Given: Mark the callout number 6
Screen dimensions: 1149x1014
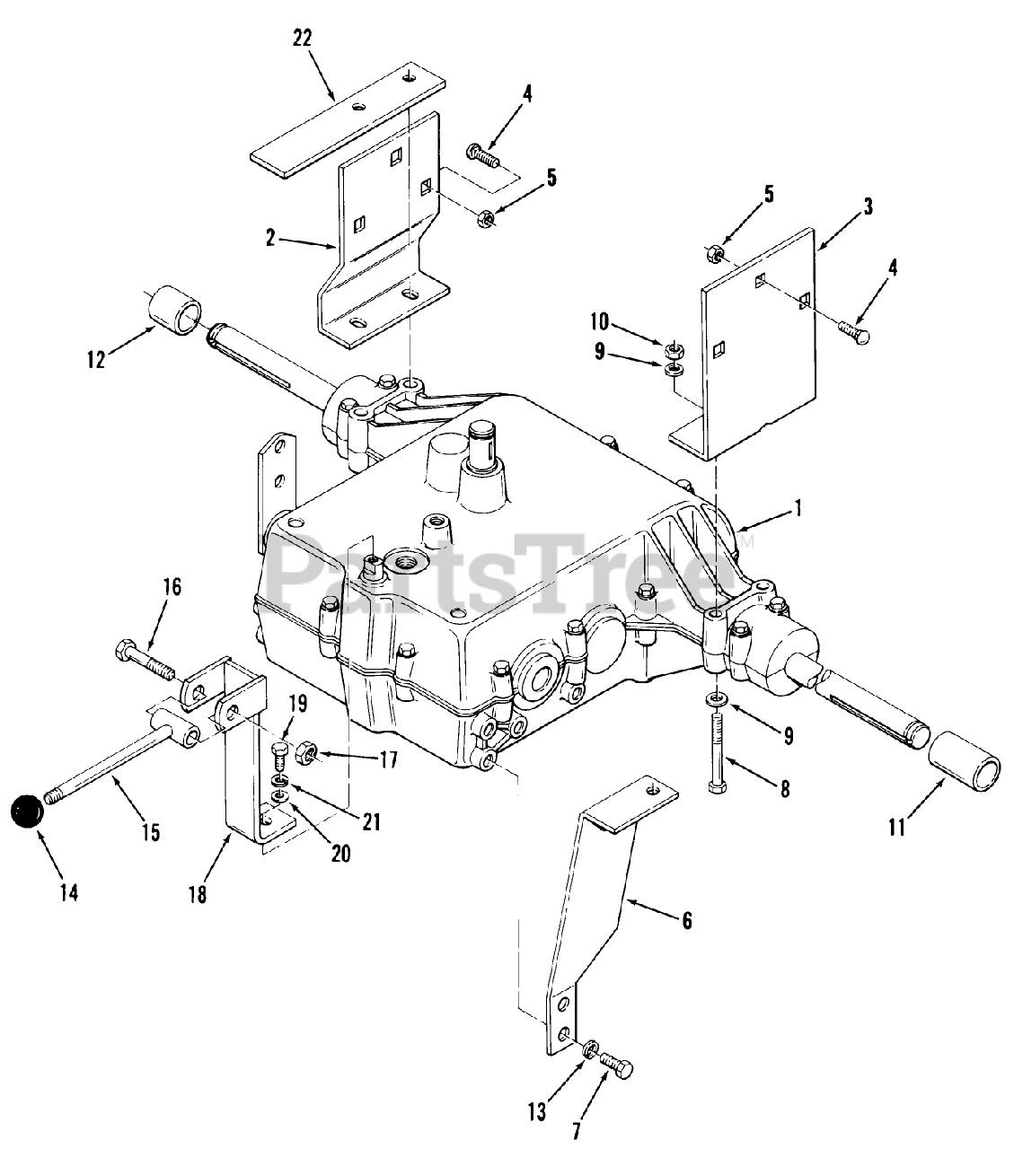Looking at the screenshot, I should pyautogui.click(x=687, y=921).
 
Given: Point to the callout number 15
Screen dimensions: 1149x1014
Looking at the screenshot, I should pyautogui.click(x=150, y=831).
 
